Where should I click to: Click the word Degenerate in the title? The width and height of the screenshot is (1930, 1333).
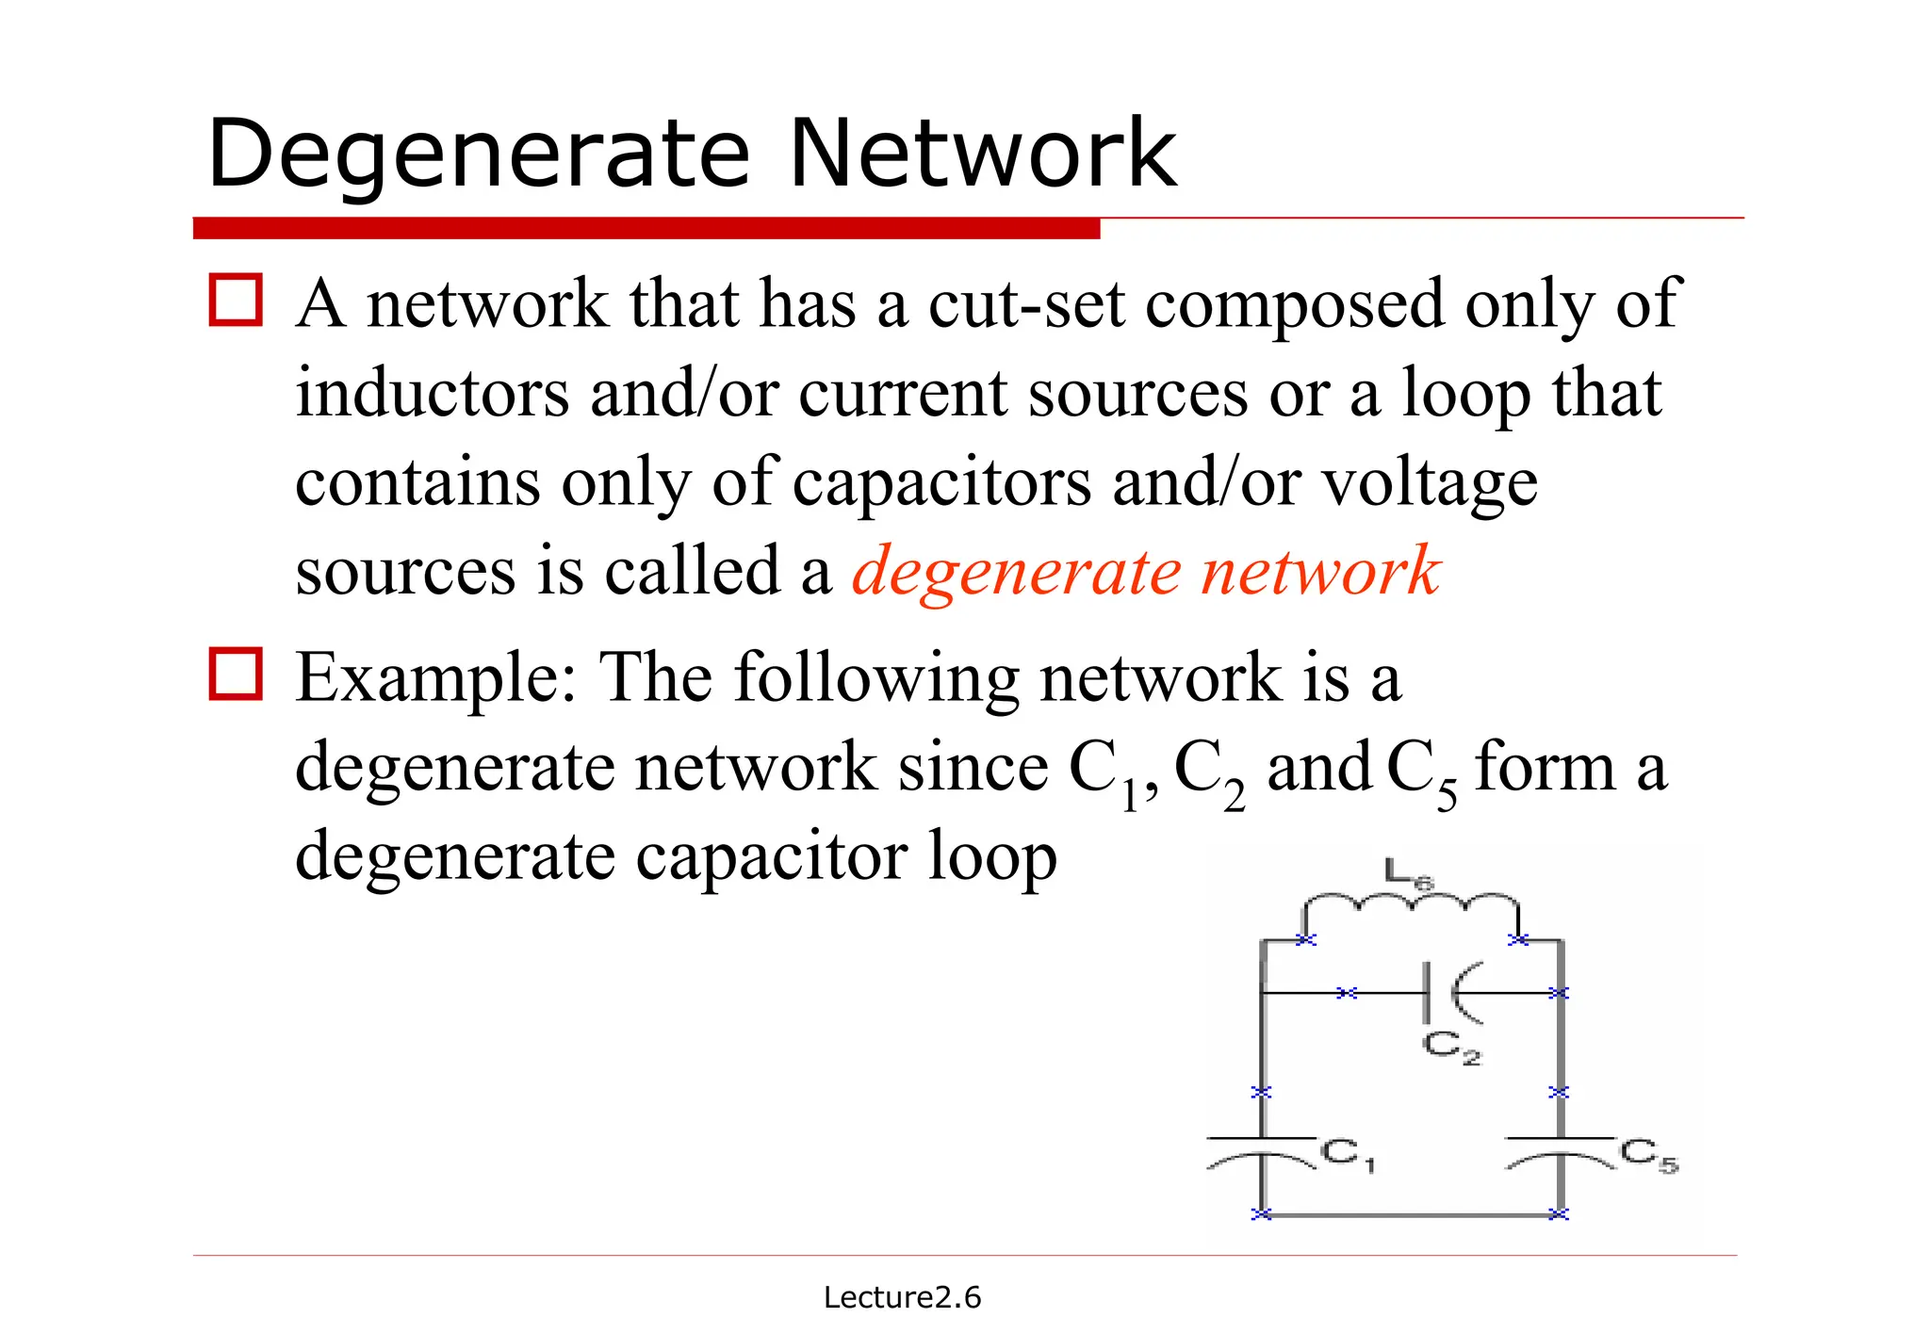click(x=479, y=154)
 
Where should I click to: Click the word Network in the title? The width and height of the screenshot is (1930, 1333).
click(x=982, y=154)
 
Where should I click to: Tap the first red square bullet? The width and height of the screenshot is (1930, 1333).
click(x=235, y=301)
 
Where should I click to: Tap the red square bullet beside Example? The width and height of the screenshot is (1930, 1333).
click(x=235, y=674)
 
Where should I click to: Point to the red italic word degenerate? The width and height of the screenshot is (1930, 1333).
click(x=1016, y=571)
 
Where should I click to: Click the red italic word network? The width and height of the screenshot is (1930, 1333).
click(x=1321, y=571)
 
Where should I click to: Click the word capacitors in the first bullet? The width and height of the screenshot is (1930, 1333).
click(x=941, y=482)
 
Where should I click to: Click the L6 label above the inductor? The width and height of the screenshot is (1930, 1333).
click(x=1409, y=873)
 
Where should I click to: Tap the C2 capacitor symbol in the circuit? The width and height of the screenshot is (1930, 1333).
click(x=1447, y=992)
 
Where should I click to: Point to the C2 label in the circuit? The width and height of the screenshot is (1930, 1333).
click(x=1451, y=1047)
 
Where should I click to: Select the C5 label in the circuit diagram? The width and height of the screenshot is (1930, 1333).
click(x=1649, y=1155)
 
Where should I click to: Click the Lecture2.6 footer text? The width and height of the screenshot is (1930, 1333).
click(x=902, y=1297)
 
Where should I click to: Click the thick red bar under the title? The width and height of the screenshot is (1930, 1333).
click(x=646, y=228)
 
